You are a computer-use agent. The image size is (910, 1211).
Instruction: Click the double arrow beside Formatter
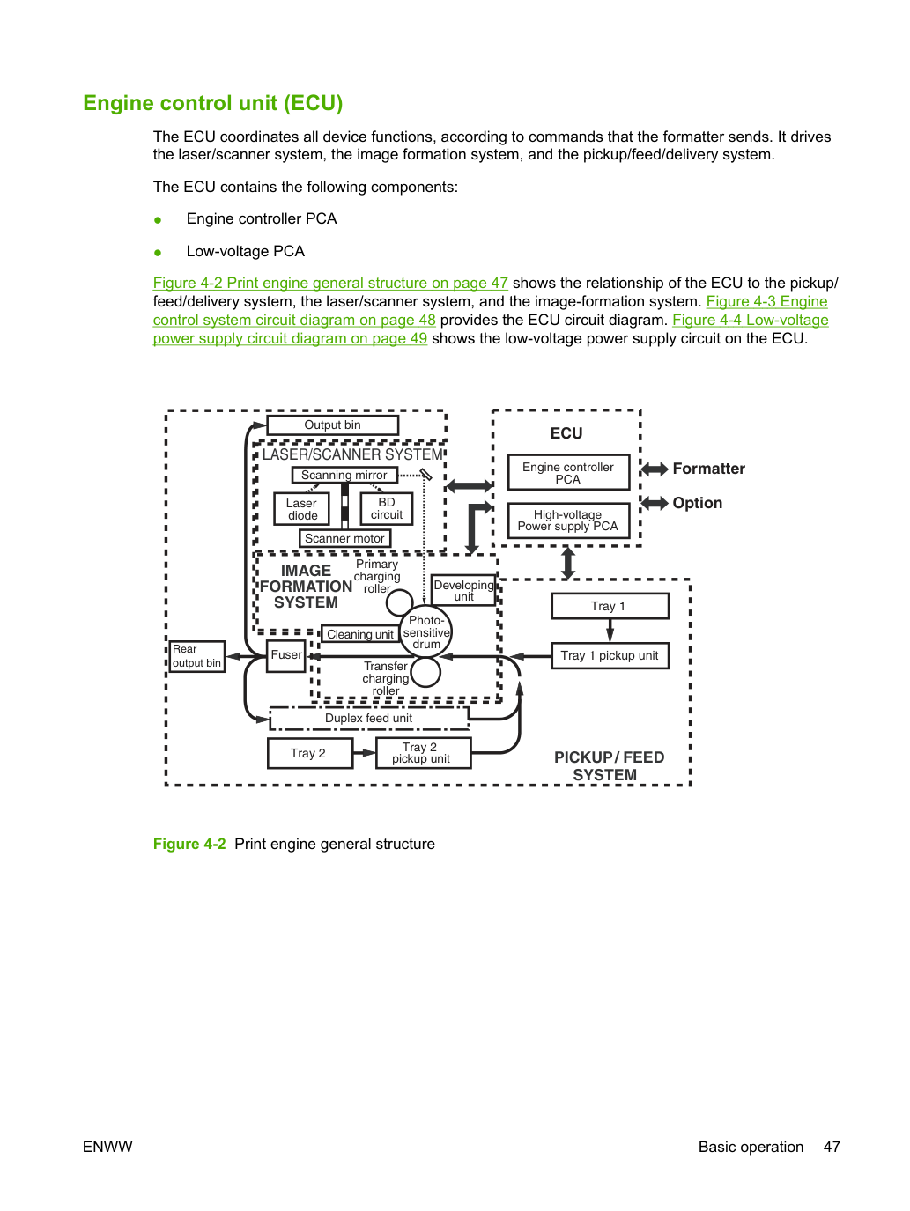(x=655, y=469)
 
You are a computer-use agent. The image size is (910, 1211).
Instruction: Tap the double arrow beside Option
(x=655, y=503)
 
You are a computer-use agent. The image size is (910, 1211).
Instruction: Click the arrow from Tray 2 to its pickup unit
(x=364, y=752)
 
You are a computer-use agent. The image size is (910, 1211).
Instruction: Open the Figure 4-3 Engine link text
(x=767, y=301)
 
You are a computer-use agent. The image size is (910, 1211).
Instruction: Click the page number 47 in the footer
(x=832, y=1147)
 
